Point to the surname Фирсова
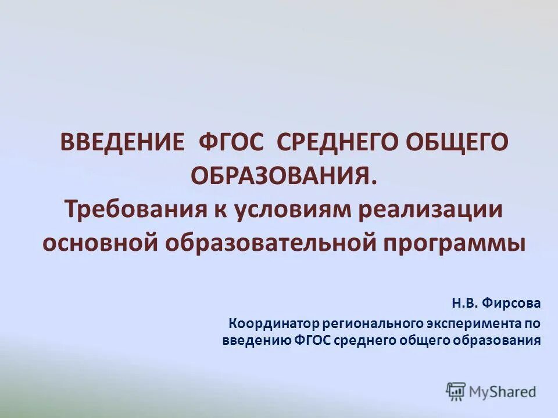coord(510,303)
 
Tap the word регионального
coord(372,323)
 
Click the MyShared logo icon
coord(455,391)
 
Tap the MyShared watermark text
coord(503,392)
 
